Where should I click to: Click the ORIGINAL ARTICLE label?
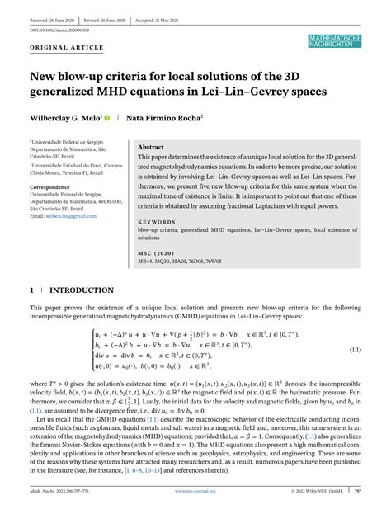tap(60, 47)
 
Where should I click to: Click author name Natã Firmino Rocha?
tap(168, 118)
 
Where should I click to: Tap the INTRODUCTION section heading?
tap(82, 291)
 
